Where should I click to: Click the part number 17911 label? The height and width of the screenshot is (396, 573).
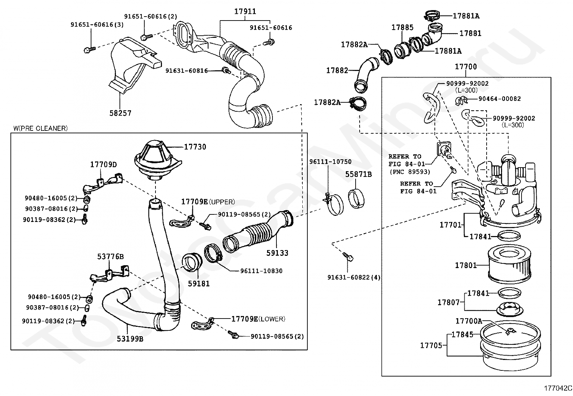click(x=245, y=12)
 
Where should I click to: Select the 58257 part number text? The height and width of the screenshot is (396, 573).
click(x=120, y=113)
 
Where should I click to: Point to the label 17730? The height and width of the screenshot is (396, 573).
click(x=195, y=147)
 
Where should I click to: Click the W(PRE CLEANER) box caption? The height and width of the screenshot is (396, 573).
click(x=40, y=128)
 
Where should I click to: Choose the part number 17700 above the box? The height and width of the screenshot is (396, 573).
click(x=466, y=67)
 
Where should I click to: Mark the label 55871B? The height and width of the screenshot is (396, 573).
click(x=358, y=174)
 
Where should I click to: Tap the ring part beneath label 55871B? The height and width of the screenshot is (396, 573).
click(x=357, y=199)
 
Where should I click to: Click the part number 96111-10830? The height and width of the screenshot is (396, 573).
click(x=261, y=271)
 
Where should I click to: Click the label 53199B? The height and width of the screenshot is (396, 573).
click(x=130, y=339)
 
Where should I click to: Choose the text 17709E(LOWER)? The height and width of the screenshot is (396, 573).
click(x=258, y=319)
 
